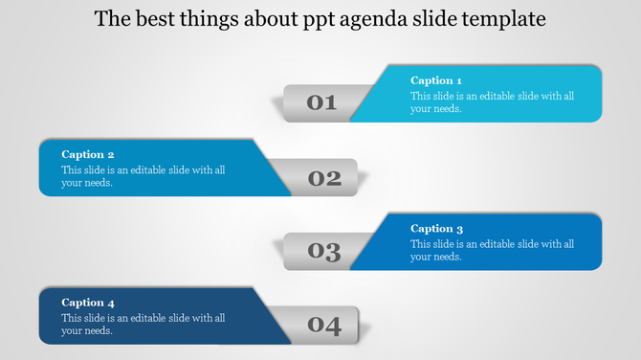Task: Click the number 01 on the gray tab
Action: (x=321, y=102)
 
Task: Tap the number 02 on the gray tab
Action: (x=325, y=177)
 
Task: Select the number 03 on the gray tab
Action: (x=325, y=252)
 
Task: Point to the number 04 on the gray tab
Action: (x=325, y=326)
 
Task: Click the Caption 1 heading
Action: (x=436, y=81)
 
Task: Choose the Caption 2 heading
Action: (x=88, y=154)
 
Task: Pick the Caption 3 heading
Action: (x=437, y=229)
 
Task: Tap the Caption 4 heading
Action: (x=88, y=303)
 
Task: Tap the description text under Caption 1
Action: (x=492, y=102)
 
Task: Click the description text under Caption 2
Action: (x=144, y=176)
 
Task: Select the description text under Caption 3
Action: (x=492, y=250)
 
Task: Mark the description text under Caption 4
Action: (x=144, y=325)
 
